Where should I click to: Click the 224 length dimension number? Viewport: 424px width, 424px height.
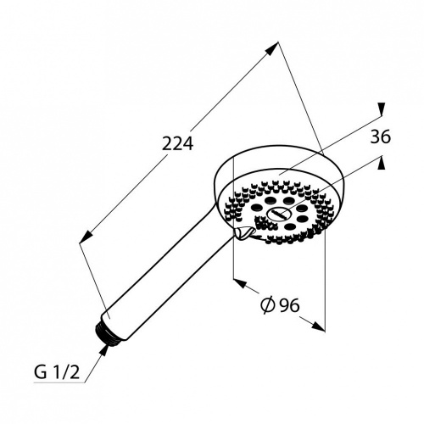[177, 143]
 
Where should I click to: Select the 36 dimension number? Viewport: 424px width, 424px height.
[381, 137]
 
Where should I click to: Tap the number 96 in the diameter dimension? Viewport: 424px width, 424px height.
[289, 305]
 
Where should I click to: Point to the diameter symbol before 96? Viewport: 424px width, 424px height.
[268, 305]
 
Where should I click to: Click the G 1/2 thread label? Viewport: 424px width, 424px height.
[57, 373]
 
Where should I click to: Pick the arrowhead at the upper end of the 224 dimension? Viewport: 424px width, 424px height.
[272, 49]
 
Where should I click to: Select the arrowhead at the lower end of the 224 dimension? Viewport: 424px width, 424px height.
[86, 236]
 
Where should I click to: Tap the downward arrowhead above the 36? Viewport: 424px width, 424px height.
[382, 109]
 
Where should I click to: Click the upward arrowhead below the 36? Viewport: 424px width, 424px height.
[382, 163]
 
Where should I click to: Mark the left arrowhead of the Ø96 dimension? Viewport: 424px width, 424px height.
[240, 283]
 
